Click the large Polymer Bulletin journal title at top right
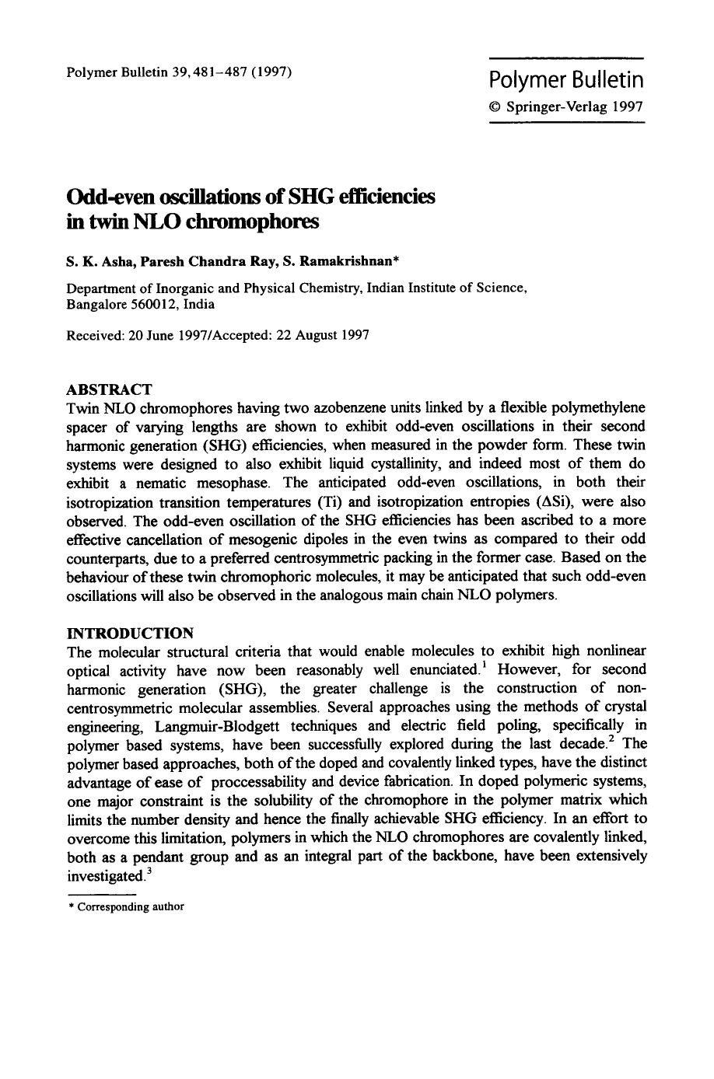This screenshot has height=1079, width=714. point(566,80)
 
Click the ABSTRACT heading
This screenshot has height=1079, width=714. point(110,389)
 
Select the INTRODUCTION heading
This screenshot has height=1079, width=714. point(130,632)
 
